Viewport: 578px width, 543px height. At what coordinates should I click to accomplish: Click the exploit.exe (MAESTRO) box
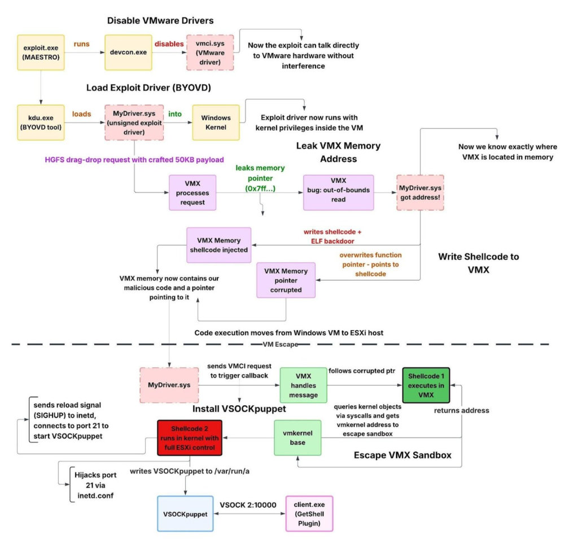click(41, 52)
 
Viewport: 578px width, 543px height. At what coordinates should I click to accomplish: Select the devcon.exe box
click(129, 52)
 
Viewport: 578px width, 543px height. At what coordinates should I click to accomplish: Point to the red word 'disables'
click(169, 43)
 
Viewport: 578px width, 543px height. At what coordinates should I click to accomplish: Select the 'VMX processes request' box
click(192, 192)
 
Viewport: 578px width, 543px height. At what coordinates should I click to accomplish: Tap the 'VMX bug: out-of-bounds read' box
click(338, 192)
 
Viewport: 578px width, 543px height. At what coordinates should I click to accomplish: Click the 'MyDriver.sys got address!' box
click(419, 192)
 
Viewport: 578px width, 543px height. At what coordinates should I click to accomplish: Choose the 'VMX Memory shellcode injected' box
click(219, 245)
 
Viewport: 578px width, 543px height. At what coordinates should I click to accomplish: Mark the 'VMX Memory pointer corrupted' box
click(286, 280)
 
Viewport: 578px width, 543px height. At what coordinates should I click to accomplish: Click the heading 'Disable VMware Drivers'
click(160, 21)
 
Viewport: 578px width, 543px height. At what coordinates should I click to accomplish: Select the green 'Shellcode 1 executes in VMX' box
click(426, 384)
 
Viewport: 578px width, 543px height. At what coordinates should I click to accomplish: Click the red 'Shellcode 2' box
click(189, 438)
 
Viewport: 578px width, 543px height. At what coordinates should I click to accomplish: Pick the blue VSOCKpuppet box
click(186, 514)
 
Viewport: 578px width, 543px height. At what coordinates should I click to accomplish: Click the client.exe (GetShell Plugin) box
click(309, 514)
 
